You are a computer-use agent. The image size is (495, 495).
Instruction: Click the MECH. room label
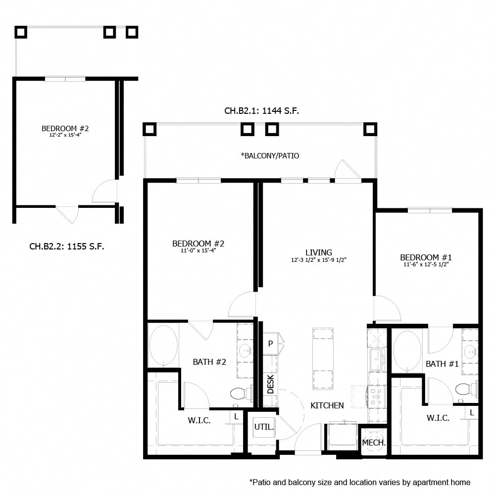tap(374, 443)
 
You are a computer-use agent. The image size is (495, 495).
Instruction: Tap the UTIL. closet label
tap(264, 427)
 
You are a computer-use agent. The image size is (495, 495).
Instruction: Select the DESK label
tap(270, 384)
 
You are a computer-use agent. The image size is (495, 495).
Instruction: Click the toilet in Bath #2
tap(240, 394)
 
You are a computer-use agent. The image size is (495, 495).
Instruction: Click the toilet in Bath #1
tap(465, 389)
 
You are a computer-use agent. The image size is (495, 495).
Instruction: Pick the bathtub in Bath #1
tap(407, 351)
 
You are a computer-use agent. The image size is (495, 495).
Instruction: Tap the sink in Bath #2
tap(245, 350)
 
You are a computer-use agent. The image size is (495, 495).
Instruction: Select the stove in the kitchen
tap(376, 397)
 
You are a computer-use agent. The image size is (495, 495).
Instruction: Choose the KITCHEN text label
tap(327, 405)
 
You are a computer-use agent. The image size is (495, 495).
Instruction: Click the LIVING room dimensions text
tap(318, 260)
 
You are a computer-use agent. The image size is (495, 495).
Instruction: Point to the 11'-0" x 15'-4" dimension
tap(198, 250)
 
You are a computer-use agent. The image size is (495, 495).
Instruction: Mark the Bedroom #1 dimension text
tap(426, 265)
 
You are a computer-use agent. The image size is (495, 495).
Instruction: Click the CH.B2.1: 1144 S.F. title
tap(261, 111)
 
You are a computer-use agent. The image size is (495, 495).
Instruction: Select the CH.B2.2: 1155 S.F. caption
tap(66, 246)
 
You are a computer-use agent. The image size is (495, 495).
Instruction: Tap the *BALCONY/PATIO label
tap(270, 155)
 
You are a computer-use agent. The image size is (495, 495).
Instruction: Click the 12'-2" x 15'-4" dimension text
tap(65, 135)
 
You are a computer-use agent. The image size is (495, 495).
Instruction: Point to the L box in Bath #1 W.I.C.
tap(472, 412)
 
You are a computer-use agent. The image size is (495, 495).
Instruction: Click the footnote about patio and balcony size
tap(360, 482)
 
